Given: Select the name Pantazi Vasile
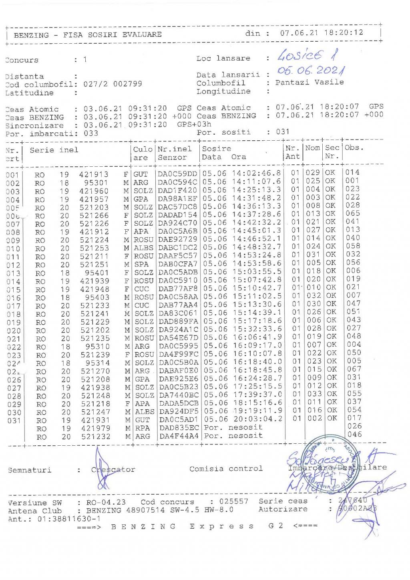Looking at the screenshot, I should (x=309, y=82).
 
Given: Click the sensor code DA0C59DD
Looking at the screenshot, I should (x=177, y=174).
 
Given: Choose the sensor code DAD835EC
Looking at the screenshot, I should (x=178, y=428).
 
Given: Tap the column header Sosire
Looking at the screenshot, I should (x=217, y=149).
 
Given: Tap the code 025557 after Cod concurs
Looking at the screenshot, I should (x=235, y=502).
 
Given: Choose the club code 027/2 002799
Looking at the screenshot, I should (x=113, y=85).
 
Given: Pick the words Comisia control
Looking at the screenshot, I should (x=226, y=469).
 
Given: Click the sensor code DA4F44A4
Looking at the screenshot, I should (x=178, y=436).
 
